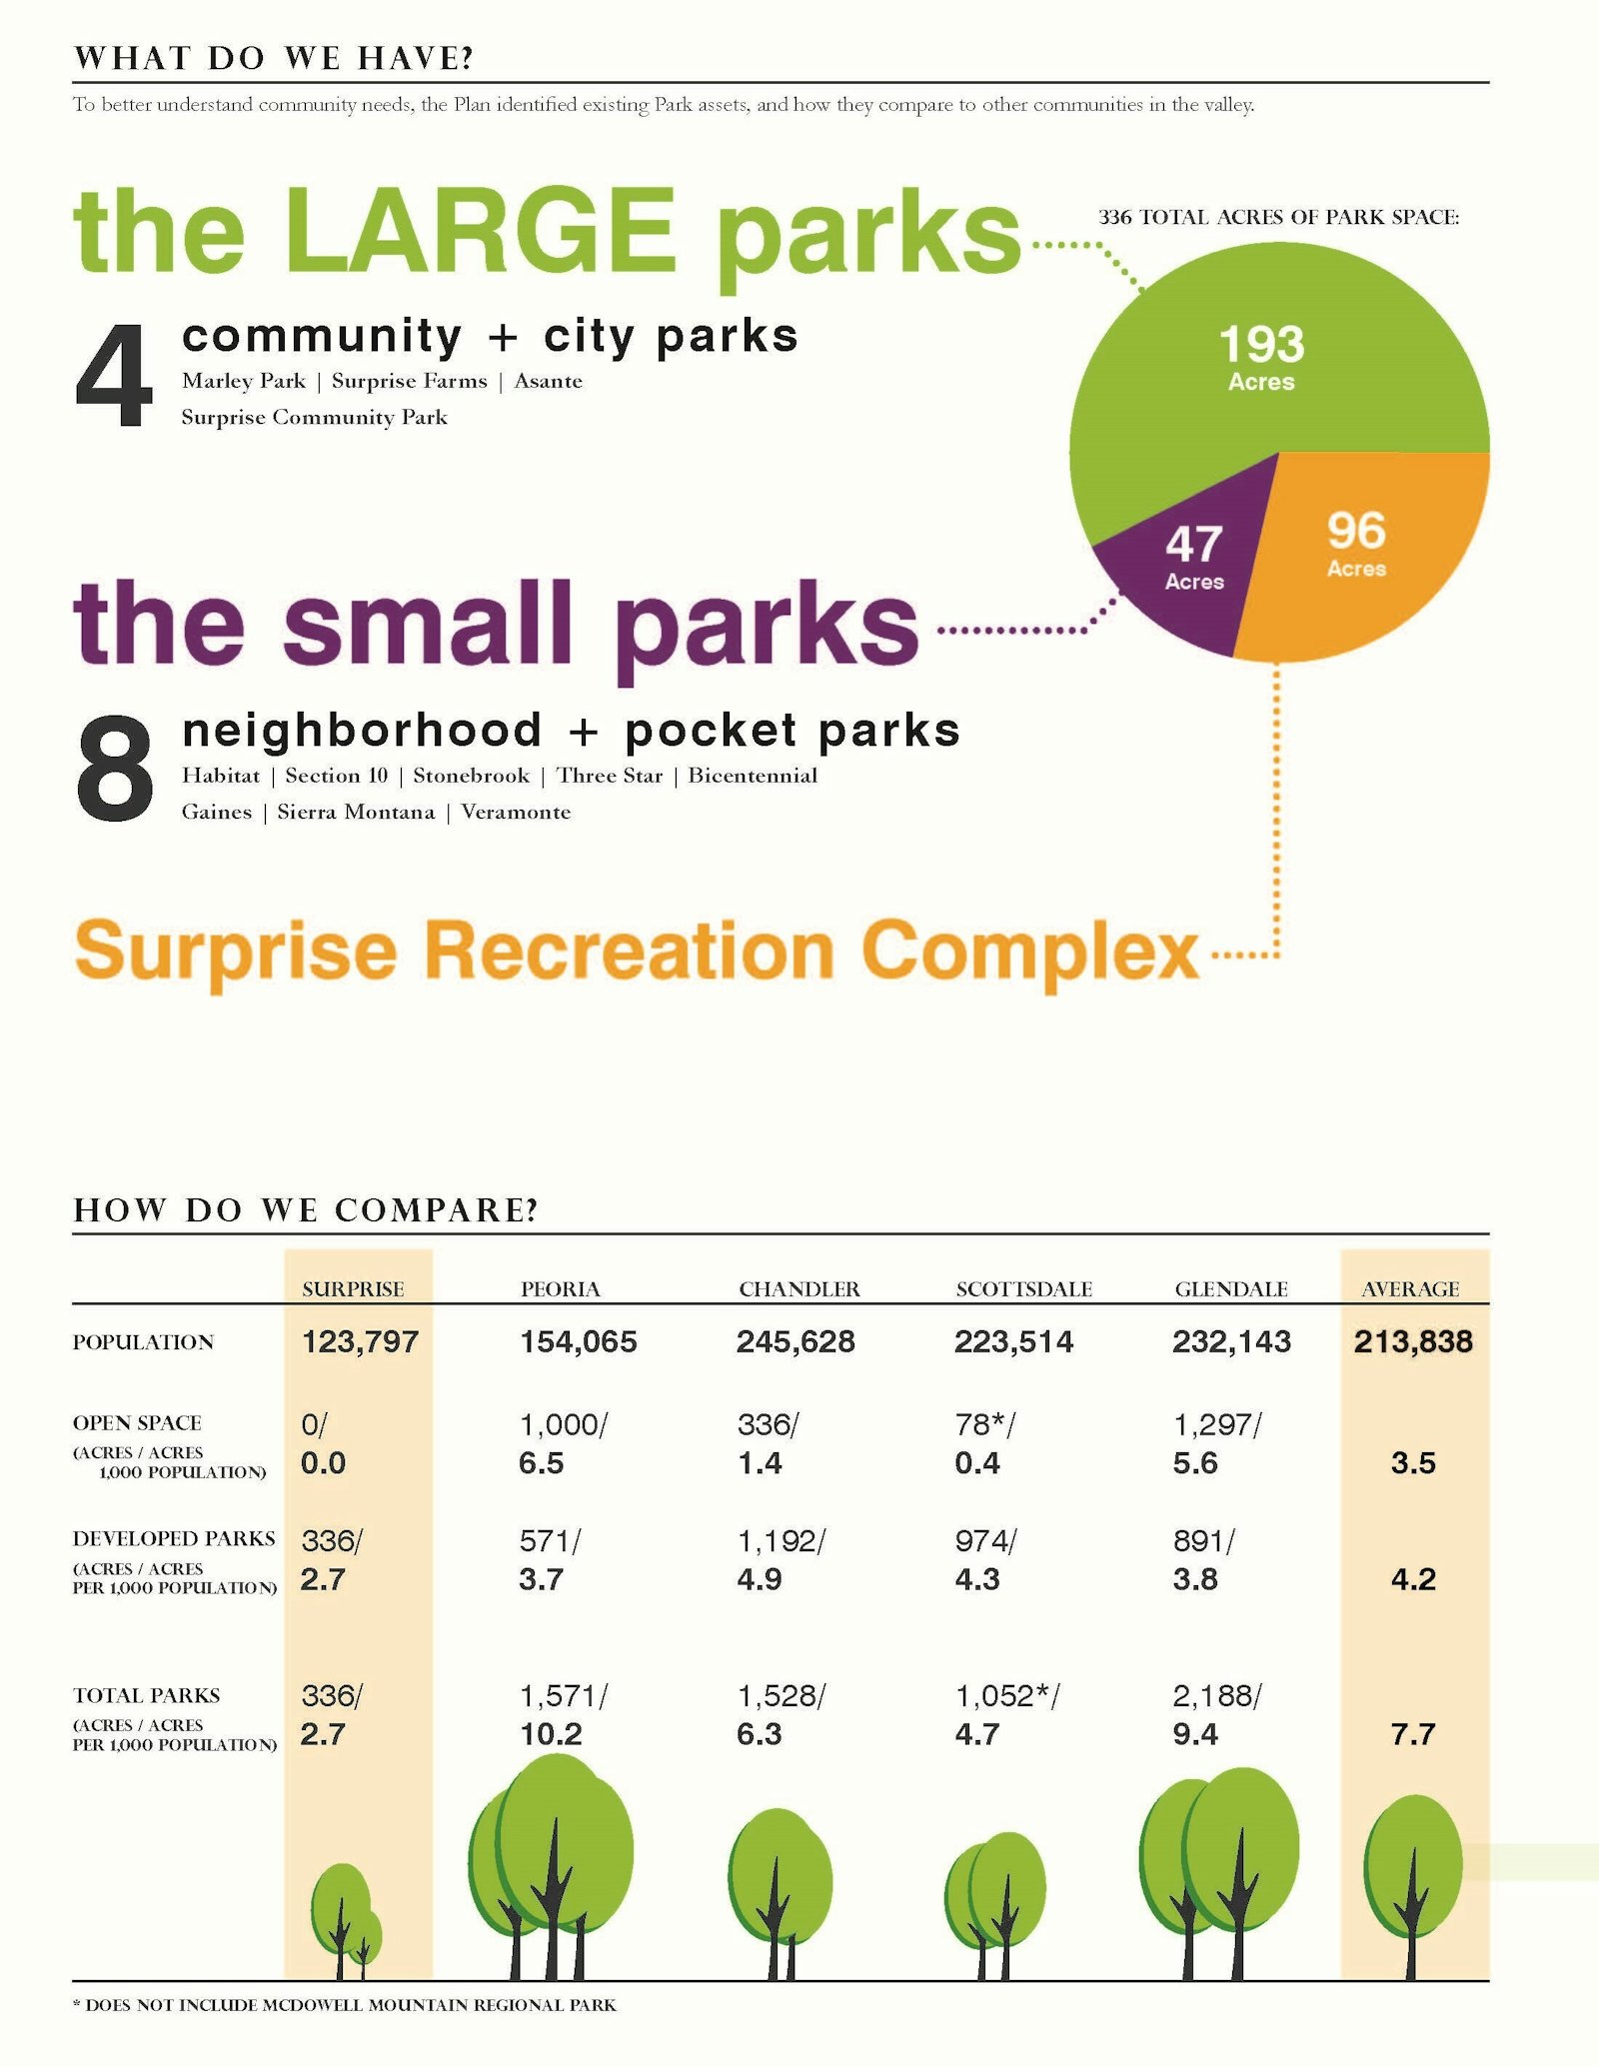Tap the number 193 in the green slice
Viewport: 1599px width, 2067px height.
[x=1262, y=345]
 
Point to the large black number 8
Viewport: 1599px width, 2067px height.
[x=114, y=770]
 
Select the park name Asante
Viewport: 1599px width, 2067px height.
[x=548, y=381]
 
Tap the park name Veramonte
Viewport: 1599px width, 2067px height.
[x=516, y=812]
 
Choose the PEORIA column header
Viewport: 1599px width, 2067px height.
[x=560, y=1289]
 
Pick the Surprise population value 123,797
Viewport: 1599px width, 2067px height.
[x=360, y=1341]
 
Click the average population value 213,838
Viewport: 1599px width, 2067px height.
[x=1413, y=1341]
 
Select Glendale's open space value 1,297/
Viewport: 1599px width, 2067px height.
[x=1216, y=1424]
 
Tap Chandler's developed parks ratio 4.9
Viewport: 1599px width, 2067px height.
[x=760, y=1579]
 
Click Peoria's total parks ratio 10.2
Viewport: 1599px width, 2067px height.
[x=551, y=1734]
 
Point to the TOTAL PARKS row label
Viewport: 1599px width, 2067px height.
[x=146, y=1695]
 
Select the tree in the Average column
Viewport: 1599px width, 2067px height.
[x=1412, y=1879]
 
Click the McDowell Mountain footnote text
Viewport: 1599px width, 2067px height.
[x=350, y=2005]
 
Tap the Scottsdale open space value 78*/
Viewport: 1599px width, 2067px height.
[x=984, y=1424]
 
